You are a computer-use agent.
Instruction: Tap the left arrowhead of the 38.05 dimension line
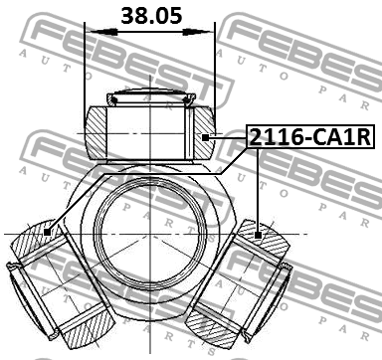pos(92,33)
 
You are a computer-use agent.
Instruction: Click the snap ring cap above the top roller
pos(150,97)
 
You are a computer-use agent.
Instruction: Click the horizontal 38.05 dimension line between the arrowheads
pos(150,33)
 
